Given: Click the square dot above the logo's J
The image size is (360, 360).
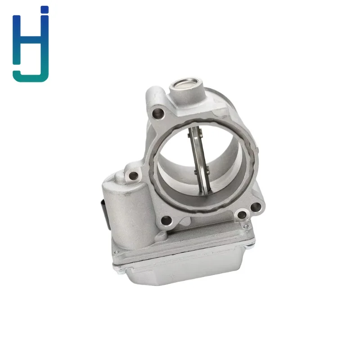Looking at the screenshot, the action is pos(44,9).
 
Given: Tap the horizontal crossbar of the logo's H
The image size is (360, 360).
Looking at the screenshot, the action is pos(30,40).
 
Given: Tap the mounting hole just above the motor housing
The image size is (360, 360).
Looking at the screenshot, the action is pos(133,176).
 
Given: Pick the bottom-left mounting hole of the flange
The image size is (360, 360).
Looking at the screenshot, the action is pos(166,221).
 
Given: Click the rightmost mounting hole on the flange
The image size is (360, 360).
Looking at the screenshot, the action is pos(256,207).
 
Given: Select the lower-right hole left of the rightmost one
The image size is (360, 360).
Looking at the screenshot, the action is pos(242,216).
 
